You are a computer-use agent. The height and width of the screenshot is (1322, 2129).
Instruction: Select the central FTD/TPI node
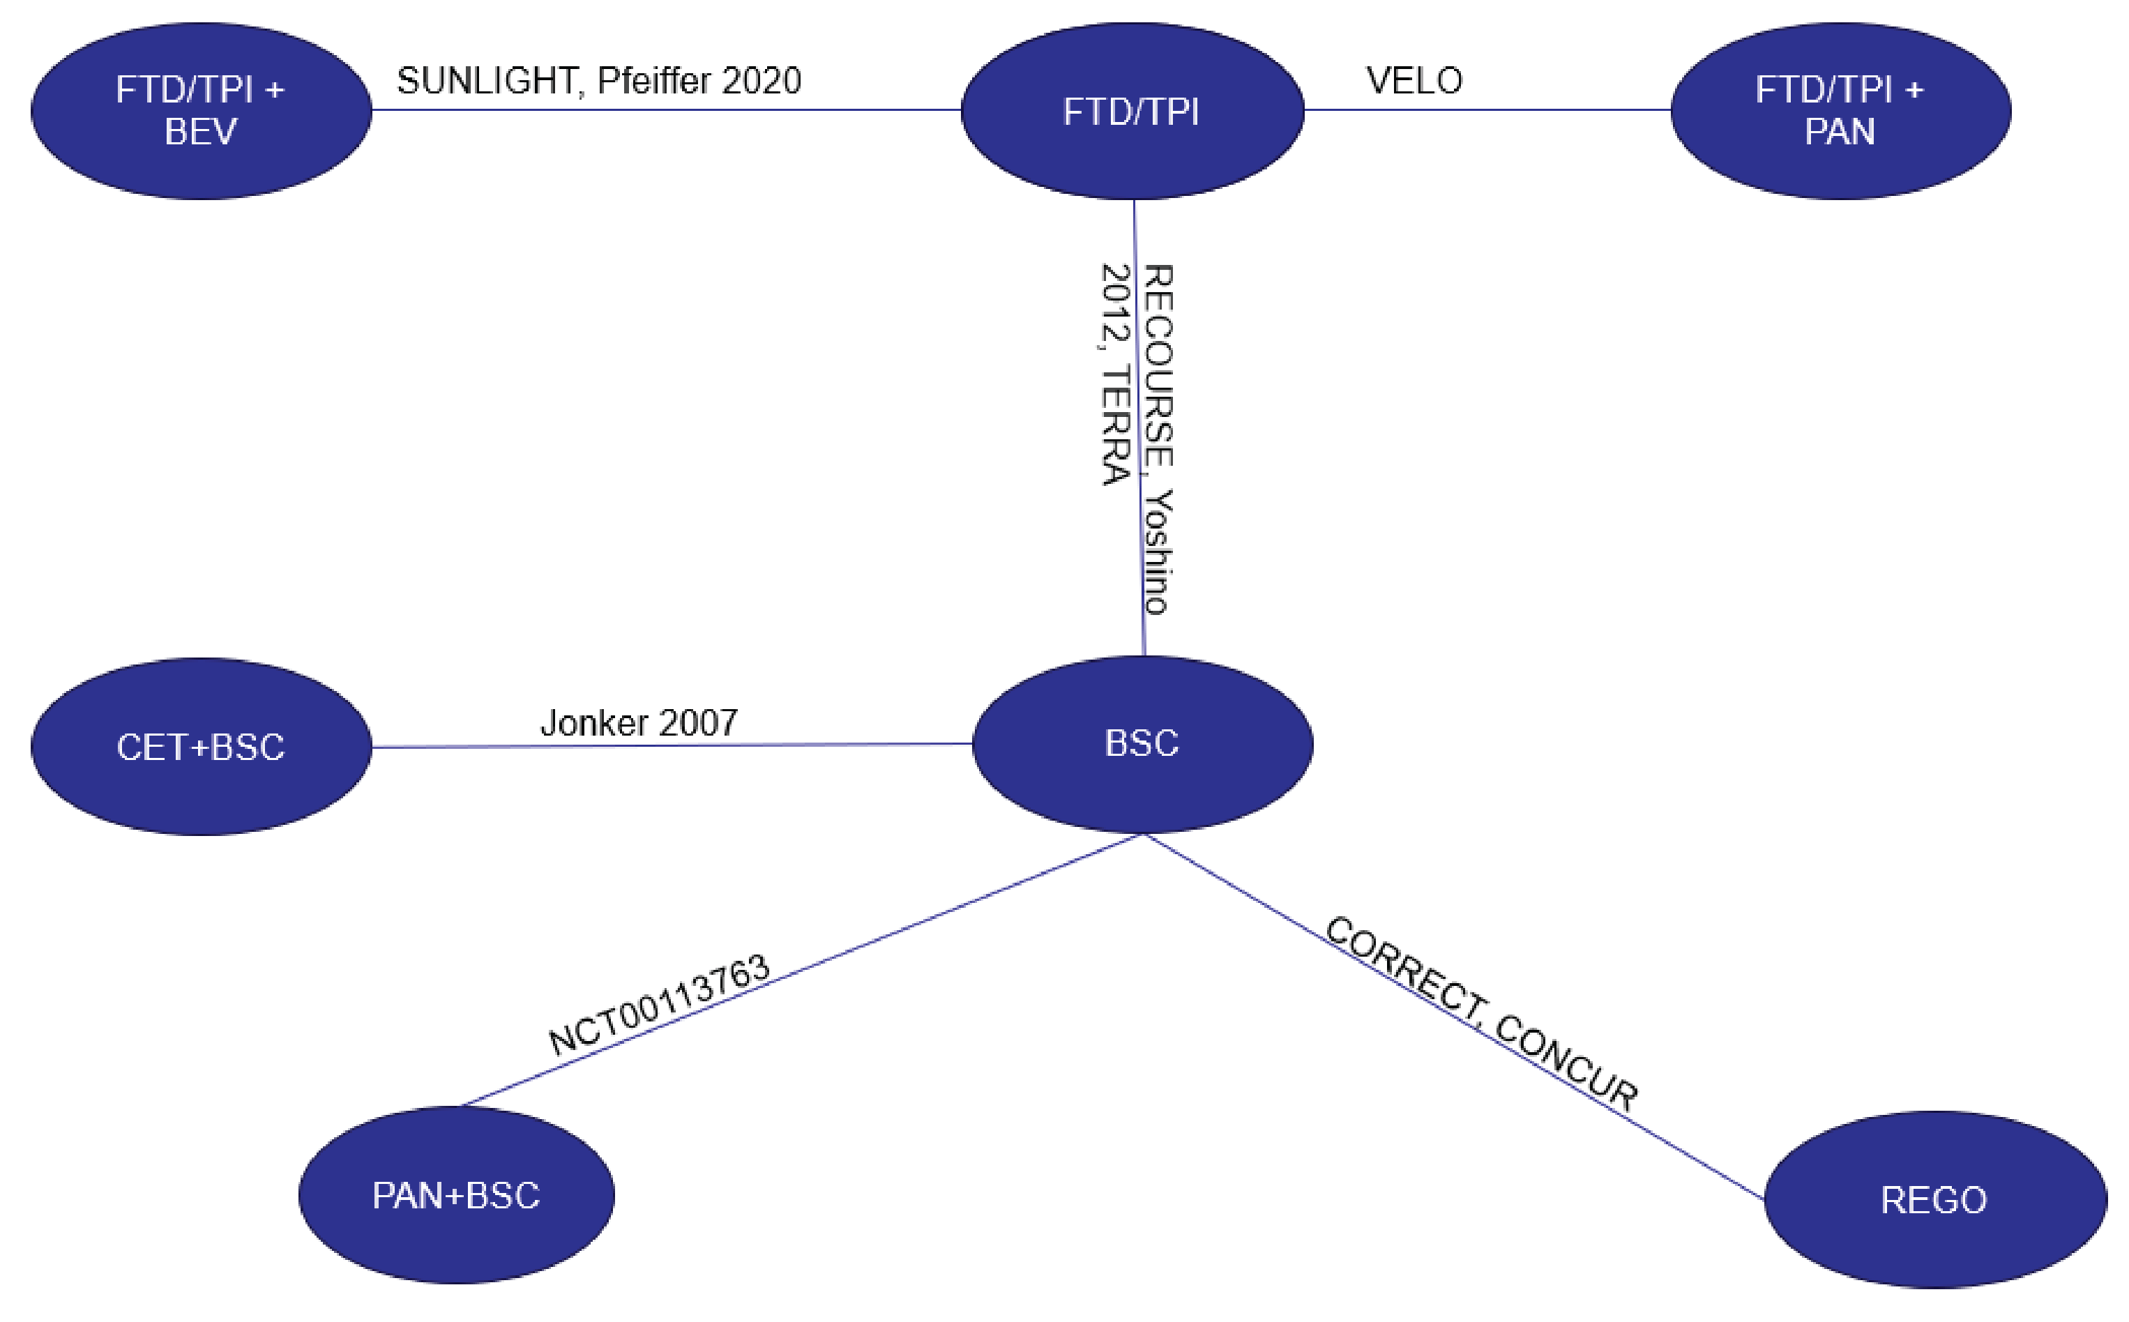coord(1132,111)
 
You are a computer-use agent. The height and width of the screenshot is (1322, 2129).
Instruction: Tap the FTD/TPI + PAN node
coord(1840,111)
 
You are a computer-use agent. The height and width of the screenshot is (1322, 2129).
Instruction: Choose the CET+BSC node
coord(200,747)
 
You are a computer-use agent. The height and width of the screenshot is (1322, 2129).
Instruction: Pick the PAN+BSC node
coord(455,1195)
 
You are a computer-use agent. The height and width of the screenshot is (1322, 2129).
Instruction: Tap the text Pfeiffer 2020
coord(699,80)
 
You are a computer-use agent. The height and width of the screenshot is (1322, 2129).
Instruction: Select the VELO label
coord(1414,80)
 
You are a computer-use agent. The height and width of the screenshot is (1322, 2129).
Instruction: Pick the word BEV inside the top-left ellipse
coord(200,132)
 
